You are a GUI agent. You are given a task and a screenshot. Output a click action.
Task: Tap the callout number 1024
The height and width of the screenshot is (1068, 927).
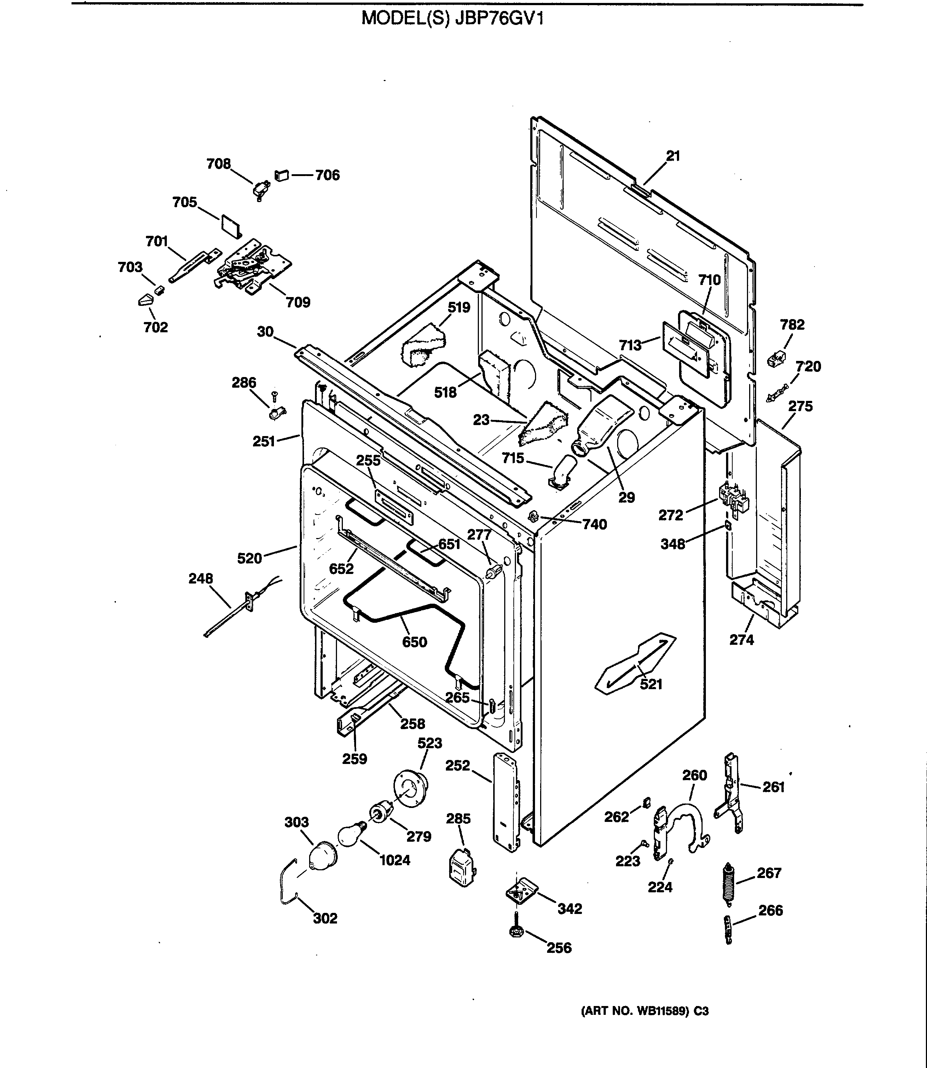coord(395,860)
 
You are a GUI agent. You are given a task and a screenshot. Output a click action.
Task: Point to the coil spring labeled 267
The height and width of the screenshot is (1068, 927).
coord(728,884)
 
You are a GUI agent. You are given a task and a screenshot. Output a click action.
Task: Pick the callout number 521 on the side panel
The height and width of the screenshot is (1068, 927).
coord(651,684)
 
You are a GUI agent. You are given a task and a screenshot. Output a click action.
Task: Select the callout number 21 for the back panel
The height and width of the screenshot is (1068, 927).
coord(673,156)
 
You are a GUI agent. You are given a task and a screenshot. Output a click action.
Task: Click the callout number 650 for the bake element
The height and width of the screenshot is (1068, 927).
coord(414,642)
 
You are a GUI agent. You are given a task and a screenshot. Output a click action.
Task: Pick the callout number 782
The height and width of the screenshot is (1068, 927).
coord(792,325)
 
